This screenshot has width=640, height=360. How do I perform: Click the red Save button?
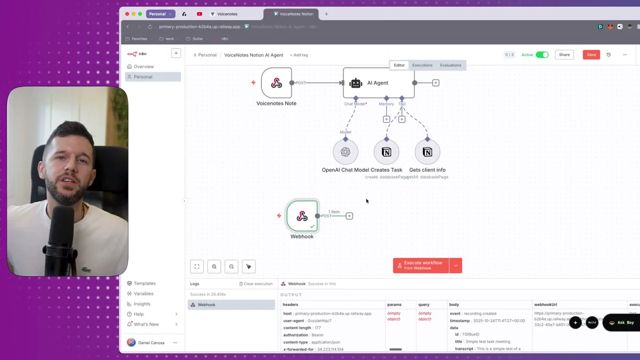591,54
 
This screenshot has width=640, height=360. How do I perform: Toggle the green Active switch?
542,54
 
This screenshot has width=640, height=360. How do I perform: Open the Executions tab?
422,65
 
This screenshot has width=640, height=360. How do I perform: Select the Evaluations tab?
451,65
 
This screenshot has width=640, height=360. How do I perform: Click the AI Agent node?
378,83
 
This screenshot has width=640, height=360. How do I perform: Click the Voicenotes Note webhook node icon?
276,83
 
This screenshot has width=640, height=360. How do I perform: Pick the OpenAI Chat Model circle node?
346,152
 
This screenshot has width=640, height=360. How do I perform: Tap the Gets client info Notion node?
427,152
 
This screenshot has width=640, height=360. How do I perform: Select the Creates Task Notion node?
387,152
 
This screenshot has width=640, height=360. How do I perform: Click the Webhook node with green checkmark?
302,215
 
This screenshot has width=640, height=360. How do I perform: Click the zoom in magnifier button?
214,266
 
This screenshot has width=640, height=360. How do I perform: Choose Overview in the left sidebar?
143,67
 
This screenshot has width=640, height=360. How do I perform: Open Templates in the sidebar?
145,283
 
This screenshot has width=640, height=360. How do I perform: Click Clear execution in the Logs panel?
256,284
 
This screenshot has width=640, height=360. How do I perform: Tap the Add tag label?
299,55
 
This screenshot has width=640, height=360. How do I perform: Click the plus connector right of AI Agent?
436,83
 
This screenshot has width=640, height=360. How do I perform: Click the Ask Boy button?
621,323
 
